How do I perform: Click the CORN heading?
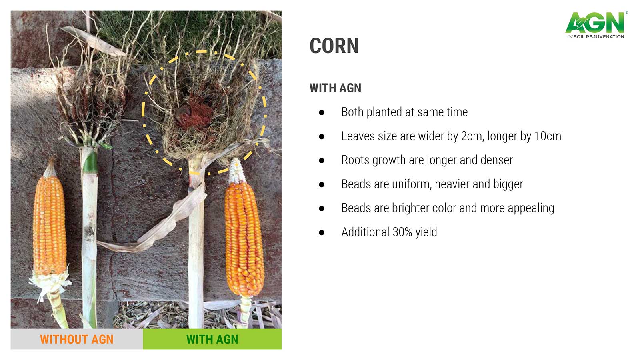coord(334,46)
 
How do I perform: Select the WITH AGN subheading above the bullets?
coord(336,88)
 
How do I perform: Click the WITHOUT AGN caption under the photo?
coord(76,340)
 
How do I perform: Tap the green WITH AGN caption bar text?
coord(212,340)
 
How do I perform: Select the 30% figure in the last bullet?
coord(402,232)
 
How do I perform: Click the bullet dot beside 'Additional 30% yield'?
coord(322,232)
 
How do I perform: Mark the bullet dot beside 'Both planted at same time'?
coord(322,112)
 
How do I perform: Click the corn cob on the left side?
coord(50,226)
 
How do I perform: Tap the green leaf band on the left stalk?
coord(90,162)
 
